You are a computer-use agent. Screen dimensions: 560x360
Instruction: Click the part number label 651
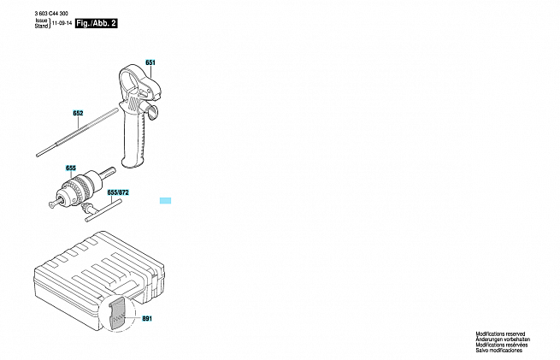150,62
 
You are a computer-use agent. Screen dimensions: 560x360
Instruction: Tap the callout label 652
78,113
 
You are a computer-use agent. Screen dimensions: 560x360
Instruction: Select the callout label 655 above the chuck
71,168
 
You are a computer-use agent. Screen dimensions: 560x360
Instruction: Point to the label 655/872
118,192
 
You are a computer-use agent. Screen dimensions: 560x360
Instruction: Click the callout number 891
147,318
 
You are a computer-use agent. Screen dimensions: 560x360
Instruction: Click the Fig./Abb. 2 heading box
96,24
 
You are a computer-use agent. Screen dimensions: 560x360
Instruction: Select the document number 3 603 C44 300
51,14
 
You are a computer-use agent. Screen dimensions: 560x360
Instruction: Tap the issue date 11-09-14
62,23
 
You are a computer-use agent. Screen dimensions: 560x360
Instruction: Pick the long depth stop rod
77,133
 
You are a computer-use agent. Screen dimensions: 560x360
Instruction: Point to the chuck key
102,210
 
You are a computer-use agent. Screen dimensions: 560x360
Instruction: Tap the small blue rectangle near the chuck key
165,201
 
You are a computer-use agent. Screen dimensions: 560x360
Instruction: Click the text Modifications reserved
500,334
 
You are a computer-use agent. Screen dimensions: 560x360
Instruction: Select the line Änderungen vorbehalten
503,339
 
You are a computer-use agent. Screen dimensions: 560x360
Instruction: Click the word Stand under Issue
41,26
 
